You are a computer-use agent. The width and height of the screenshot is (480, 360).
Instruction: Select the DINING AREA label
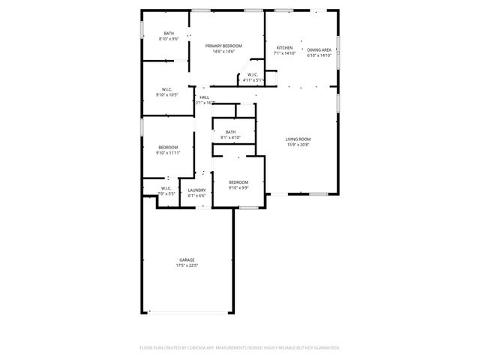pos(319,49)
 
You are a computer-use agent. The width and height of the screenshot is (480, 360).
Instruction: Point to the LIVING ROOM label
pos(298,139)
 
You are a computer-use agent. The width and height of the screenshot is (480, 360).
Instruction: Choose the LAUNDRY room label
pos(197,190)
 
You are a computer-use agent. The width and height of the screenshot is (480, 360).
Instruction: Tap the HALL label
pos(204,97)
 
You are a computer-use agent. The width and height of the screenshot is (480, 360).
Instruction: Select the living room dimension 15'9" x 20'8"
pos(298,145)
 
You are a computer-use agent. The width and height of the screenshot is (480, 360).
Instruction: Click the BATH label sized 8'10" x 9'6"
pos(169,33)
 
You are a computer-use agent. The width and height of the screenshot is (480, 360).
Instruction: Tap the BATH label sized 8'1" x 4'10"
pos(230,132)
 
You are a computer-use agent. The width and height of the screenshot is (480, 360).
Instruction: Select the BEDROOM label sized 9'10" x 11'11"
pos(168,147)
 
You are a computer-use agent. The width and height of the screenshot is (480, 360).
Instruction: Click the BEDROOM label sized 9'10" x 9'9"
pos(238,182)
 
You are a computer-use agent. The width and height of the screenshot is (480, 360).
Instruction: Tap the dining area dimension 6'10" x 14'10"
pos(319,55)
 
